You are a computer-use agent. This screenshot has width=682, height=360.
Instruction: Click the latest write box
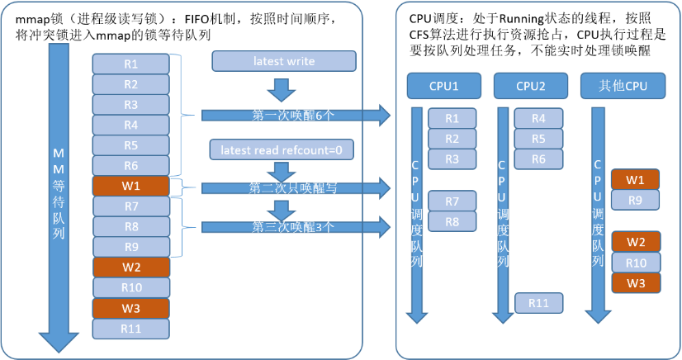click(x=285, y=60)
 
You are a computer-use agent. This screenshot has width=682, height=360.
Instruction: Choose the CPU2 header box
click(x=535, y=85)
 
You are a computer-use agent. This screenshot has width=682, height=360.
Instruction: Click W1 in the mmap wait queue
click(x=131, y=186)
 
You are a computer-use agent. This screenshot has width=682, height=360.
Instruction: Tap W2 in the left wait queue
click(x=131, y=267)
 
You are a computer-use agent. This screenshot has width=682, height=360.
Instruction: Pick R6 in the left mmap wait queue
click(x=131, y=165)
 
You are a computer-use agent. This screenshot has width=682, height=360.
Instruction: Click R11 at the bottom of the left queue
click(x=131, y=328)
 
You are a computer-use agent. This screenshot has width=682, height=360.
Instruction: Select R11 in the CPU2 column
click(x=538, y=303)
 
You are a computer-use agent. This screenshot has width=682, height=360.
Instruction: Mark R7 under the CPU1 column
click(x=452, y=201)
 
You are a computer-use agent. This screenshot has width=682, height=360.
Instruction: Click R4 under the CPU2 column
click(x=538, y=118)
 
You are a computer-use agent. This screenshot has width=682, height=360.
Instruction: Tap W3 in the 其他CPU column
click(x=636, y=282)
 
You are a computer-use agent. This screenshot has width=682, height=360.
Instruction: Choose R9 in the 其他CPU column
click(x=636, y=200)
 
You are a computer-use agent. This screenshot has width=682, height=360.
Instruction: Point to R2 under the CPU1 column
click(x=452, y=138)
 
